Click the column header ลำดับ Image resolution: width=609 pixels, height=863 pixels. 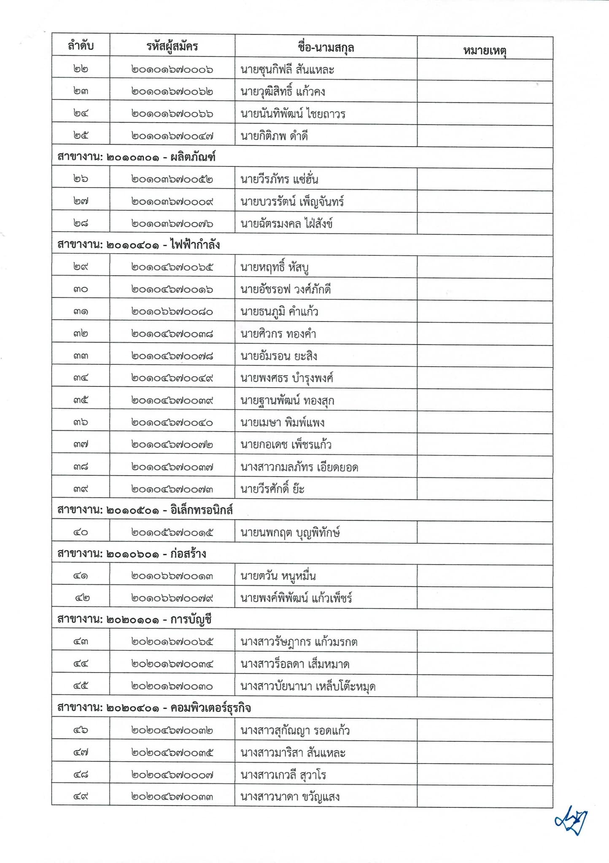81,46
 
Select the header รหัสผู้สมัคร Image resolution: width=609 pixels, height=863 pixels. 172,46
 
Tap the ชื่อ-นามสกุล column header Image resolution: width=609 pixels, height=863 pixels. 326,48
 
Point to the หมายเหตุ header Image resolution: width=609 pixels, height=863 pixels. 485,51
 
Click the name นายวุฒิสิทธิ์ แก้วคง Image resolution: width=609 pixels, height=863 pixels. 283,92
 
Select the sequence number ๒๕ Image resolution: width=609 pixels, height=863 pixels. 81,136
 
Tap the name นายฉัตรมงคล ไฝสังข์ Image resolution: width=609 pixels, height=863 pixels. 286,223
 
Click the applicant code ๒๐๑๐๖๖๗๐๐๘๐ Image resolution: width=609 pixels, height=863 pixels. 172,312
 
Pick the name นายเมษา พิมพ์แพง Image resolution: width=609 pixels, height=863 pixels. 282,423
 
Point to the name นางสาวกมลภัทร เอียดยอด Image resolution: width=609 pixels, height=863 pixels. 299,467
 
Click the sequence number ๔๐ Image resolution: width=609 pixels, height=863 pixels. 81,532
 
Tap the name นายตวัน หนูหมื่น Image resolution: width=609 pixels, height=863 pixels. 278,576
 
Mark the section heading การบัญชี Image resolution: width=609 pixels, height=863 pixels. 134,620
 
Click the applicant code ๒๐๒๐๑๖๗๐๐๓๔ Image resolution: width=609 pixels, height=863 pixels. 172,664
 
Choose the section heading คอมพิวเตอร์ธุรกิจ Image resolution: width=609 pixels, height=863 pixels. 154,708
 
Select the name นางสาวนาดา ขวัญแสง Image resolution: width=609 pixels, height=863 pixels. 290,797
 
